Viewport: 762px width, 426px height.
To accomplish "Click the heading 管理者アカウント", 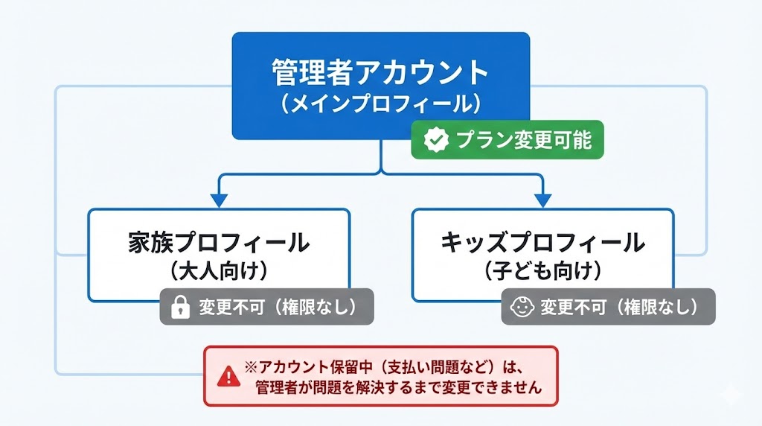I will pos(380,73).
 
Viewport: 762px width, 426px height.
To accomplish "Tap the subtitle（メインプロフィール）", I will pos(380,103).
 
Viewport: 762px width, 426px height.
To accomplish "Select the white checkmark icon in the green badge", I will pos(435,139).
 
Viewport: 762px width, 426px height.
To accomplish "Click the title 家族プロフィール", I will pos(218,242).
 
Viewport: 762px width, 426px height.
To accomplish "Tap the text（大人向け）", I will pos(218,270).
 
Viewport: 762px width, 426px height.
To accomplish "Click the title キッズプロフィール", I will pos(542,242).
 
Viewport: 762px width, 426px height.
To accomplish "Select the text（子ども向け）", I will pos(542,270).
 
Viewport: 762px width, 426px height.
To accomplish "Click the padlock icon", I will pos(180,308).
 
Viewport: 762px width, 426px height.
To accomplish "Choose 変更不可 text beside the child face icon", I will pos(565,307).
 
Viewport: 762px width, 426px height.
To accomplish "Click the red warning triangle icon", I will pos(225,377).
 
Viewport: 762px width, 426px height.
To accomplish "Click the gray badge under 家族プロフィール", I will pos(266,307).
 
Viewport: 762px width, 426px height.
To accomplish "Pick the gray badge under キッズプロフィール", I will pos(608,307).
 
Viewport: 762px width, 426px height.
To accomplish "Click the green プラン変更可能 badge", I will pos(508,139).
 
